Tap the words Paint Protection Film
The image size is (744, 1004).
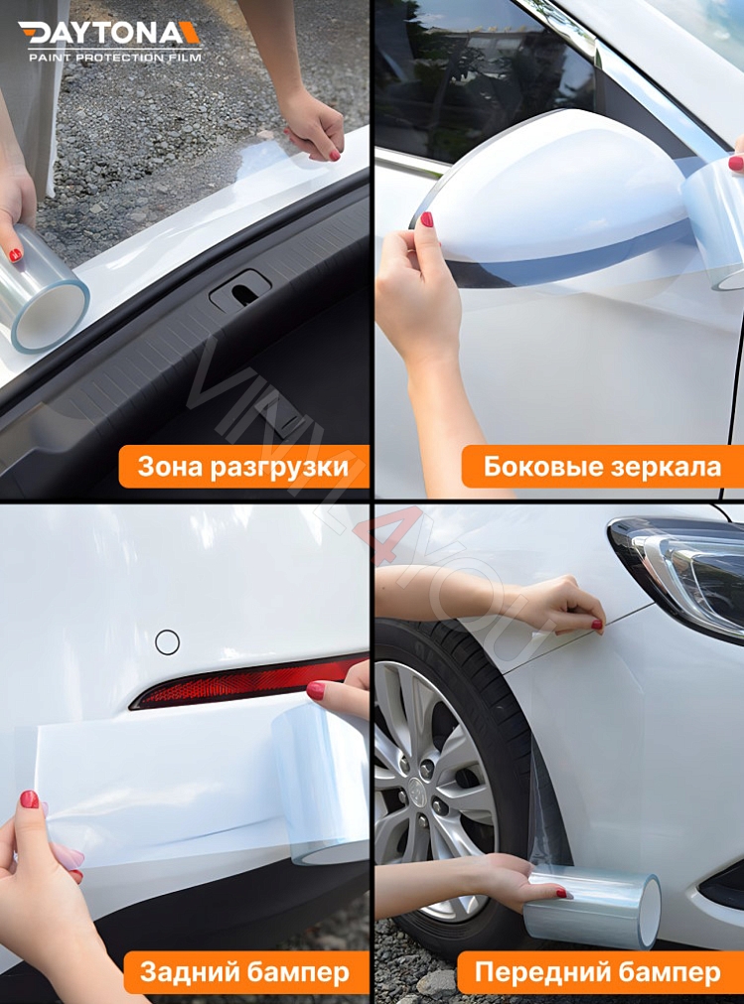114,58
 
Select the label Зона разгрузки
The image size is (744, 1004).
242,467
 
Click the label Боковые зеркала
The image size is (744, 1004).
602,467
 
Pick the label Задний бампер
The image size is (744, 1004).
243,972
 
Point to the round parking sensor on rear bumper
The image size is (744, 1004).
167,643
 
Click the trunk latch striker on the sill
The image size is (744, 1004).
239,291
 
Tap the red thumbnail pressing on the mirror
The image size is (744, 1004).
426,218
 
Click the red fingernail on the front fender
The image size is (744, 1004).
596,625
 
